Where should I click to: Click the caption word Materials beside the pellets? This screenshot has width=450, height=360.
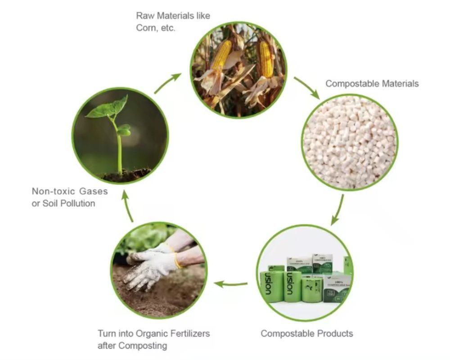[400, 84]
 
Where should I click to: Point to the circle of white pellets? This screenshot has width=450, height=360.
[349, 142]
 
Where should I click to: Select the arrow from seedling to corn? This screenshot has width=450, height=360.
[167, 83]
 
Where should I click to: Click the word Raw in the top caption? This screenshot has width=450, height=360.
[144, 16]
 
